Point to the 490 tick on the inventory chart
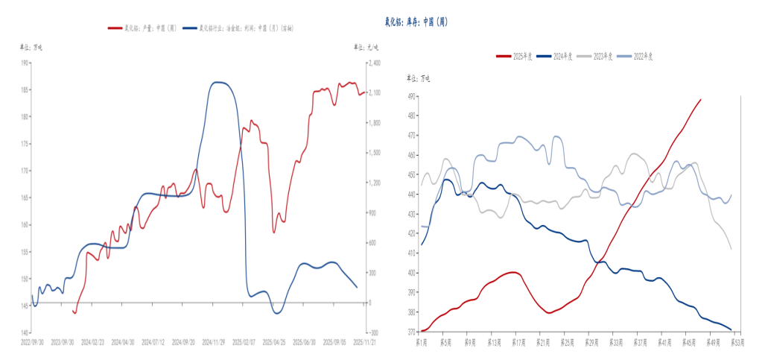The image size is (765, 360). [411, 96]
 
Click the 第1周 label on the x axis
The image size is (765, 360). [422, 341]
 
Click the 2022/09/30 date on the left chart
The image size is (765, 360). [33, 343]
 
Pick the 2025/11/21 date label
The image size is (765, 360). [365, 343]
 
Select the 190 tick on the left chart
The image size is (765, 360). [25, 63]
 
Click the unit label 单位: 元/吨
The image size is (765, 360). [365, 47]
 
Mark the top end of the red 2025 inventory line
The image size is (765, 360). [700, 99]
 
